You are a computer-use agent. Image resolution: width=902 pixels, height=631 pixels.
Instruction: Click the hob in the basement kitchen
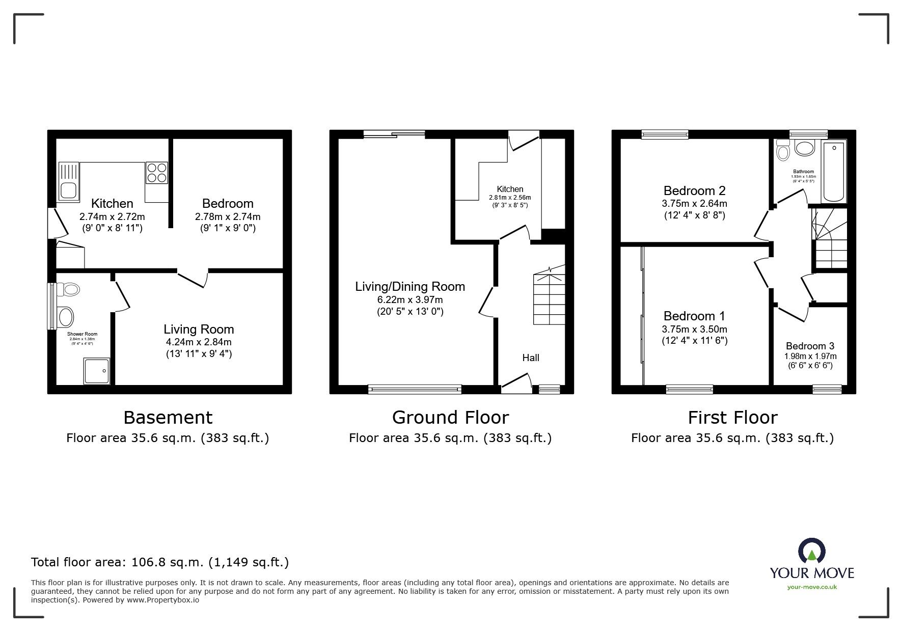pyautogui.click(x=157, y=172)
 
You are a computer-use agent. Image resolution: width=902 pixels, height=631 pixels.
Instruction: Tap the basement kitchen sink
pyautogui.click(x=68, y=181)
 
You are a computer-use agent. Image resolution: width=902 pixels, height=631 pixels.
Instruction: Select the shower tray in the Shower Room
pyautogui.click(x=96, y=370)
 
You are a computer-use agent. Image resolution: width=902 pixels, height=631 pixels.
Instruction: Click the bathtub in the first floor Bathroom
pyautogui.click(x=834, y=172)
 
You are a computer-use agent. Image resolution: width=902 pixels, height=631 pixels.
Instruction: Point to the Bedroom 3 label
pyautogui.click(x=810, y=346)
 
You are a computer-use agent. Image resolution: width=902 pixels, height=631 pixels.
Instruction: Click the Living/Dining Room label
pyautogui.click(x=410, y=287)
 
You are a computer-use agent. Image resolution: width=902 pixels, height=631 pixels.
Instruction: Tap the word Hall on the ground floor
pyautogui.click(x=531, y=358)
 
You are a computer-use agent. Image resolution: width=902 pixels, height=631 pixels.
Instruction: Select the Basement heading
pyautogui.click(x=168, y=418)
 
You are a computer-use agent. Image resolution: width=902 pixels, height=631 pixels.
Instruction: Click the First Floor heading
pyautogui.click(x=732, y=418)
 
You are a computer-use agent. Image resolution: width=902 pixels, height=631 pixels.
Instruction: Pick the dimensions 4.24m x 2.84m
pyautogui.click(x=199, y=342)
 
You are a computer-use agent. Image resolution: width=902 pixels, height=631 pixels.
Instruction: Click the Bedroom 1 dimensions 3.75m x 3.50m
pyautogui.click(x=694, y=329)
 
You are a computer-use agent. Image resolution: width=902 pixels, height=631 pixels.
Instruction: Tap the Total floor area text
pyautogui.click(x=160, y=562)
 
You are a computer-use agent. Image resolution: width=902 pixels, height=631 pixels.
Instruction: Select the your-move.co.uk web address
pyautogui.click(x=812, y=587)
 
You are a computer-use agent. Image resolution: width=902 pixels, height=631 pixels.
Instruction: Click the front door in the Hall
pyautogui.click(x=516, y=383)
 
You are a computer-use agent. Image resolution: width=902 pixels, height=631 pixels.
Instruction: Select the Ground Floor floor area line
pyautogui.click(x=450, y=438)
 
